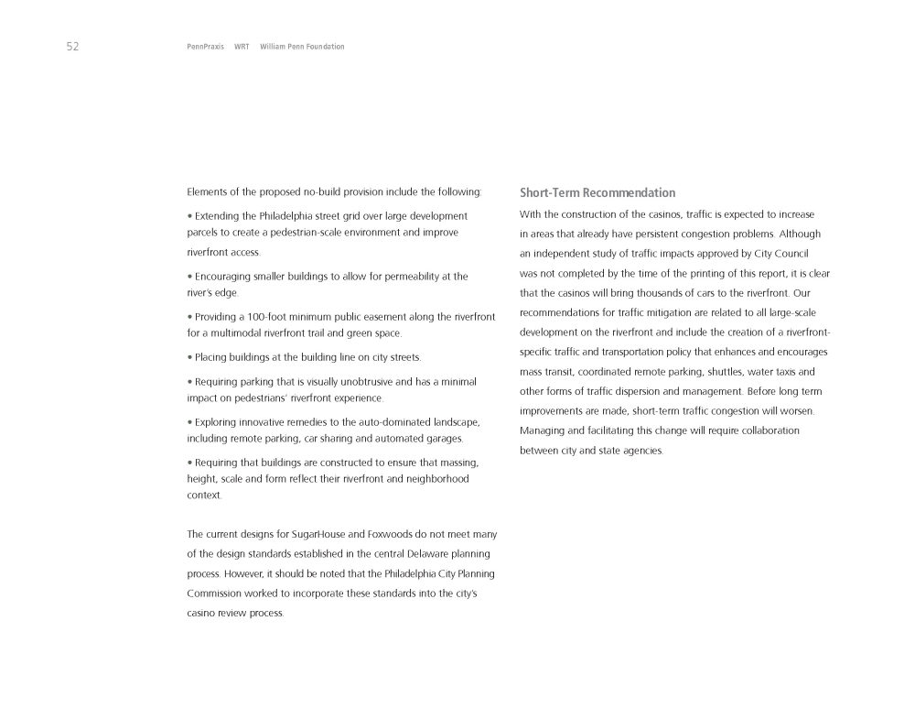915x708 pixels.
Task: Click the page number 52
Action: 72,47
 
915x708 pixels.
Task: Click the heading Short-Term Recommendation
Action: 597,193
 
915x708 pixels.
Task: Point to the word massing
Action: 460,462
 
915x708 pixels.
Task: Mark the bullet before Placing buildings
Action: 188,356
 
